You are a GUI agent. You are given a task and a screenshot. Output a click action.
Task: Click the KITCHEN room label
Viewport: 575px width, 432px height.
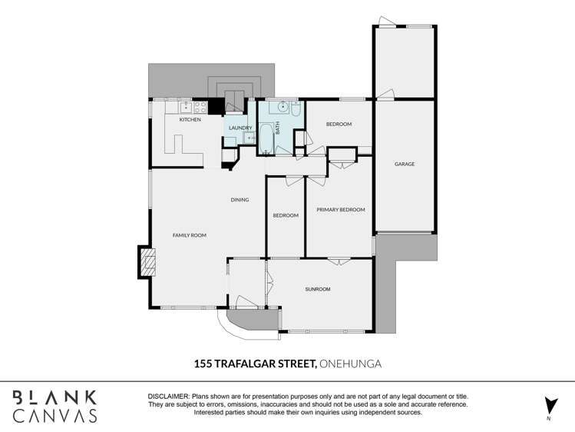tap(190, 120)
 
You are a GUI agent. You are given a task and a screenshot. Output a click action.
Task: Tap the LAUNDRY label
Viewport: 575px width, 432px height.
tap(240, 128)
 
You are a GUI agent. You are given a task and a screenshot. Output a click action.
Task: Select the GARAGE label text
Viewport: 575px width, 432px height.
tap(405, 164)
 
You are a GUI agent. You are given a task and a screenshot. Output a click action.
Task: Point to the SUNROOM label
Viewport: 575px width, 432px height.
tap(317, 289)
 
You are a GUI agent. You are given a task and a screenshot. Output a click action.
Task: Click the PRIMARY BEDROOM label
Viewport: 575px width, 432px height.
tap(340, 209)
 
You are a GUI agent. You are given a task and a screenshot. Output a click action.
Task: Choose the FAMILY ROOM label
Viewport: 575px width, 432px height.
tap(189, 235)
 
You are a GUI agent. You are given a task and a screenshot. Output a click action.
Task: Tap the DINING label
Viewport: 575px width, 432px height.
tap(240, 200)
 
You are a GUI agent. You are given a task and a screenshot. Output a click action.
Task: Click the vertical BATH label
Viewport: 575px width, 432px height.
tap(278, 131)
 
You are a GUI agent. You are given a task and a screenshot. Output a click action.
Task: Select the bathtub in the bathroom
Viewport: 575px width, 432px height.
tap(265, 139)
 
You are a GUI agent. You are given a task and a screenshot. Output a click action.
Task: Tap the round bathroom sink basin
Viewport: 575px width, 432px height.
tap(281, 108)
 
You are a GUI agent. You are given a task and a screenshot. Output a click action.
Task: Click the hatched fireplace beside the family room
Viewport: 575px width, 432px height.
tap(147, 262)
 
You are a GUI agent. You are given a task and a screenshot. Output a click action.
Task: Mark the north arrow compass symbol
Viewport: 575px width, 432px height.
tap(549, 407)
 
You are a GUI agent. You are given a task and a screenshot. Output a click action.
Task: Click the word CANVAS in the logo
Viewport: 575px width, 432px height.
tap(55, 416)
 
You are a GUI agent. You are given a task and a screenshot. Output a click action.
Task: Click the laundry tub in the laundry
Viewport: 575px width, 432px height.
tap(249, 138)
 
